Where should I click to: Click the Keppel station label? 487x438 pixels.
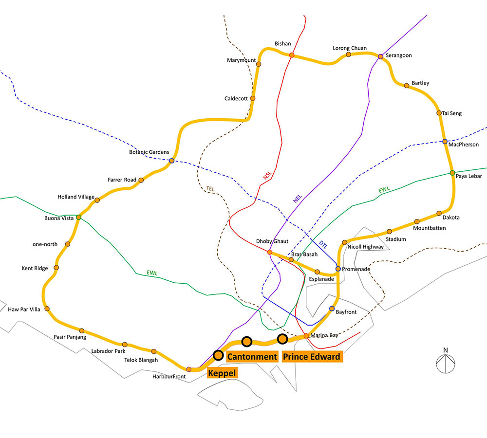coord(222,373)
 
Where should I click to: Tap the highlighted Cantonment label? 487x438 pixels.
coord(252,357)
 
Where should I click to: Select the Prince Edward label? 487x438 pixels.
coord(312,357)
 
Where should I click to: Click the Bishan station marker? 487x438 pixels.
coord(292,55)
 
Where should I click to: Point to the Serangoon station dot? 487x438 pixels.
coord(380,56)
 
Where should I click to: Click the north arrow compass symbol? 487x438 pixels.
coord(446,361)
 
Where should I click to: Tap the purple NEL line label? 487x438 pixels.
coord(298,199)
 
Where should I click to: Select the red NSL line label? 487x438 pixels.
coord(267,175)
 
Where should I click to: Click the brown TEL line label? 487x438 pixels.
coord(210,188)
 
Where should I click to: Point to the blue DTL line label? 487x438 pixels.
coord(323,245)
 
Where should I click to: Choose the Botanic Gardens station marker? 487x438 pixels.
coord(172,161)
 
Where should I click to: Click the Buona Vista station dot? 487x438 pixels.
coord(78,217)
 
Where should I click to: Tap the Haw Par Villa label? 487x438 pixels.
coord(24,310)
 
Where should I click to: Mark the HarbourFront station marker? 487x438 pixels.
coord(189,369)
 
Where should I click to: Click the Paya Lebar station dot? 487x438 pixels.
coord(452,173)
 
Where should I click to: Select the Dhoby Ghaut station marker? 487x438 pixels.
coord(270,253)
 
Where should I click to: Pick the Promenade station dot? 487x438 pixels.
coord(338,269)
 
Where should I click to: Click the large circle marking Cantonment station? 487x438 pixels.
coord(246,342)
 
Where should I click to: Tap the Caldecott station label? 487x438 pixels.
coord(236,99)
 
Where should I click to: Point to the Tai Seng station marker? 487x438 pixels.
coord(439,113)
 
